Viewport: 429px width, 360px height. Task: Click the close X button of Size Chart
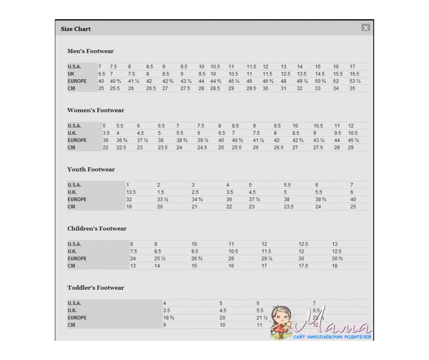366,28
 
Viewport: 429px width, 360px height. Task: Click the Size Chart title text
76,29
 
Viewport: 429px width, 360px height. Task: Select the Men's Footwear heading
90,51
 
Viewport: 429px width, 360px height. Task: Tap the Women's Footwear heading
96,111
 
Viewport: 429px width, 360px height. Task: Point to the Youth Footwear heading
91,170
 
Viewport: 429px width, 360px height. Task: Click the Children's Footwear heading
97,229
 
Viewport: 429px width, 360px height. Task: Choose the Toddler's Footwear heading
96,288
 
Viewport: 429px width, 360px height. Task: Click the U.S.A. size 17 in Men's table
352,67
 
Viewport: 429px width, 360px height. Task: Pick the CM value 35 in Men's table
352,88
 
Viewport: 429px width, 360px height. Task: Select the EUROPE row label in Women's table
77,140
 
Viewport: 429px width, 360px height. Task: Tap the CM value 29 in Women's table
351,148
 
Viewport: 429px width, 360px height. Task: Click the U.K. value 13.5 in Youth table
131,192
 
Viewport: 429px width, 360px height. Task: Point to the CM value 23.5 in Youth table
289,207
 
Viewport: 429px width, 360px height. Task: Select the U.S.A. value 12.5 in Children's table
303,244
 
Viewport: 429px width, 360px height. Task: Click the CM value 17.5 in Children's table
303,266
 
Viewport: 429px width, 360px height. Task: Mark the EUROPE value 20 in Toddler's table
222,318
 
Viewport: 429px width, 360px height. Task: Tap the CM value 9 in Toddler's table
165,325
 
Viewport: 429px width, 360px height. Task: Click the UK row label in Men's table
71,74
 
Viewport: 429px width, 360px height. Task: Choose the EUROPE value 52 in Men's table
336,81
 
